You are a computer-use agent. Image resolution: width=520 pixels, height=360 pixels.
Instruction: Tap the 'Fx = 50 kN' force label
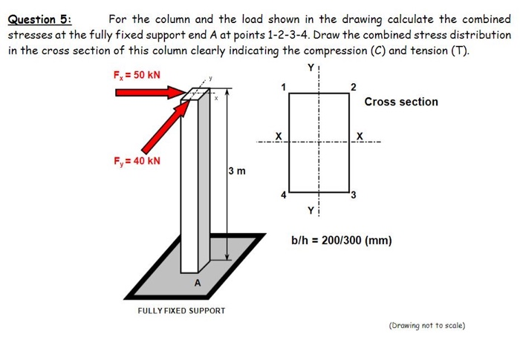[x=136, y=74]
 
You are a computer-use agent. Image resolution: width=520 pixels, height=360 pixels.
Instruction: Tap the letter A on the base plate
[x=197, y=283]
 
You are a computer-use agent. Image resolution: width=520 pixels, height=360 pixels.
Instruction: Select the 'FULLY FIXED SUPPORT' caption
[x=181, y=310]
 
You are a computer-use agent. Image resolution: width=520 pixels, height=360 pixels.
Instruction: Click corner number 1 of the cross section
[x=282, y=87]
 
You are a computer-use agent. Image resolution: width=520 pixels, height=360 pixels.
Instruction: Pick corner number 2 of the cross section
[x=354, y=87]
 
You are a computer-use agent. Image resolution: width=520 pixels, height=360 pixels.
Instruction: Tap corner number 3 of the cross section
[x=354, y=195]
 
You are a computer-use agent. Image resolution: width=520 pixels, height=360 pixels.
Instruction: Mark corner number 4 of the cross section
[x=282, y=195]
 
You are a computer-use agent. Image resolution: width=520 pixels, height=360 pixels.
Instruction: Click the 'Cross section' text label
[x=401, y=102]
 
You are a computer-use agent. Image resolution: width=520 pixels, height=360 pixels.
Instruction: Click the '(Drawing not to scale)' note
[x=427, y=325]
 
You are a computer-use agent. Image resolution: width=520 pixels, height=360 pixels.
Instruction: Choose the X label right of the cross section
[x=359, y=136]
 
